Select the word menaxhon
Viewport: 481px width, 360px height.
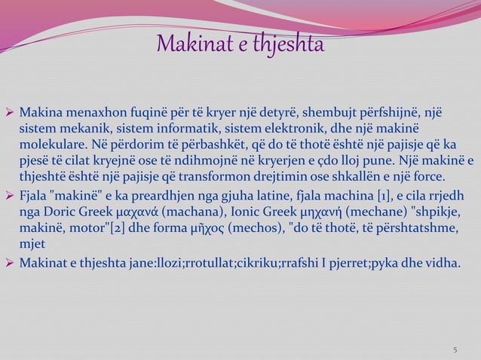click(88, 112)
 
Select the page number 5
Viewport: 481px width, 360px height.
click(455, 349)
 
